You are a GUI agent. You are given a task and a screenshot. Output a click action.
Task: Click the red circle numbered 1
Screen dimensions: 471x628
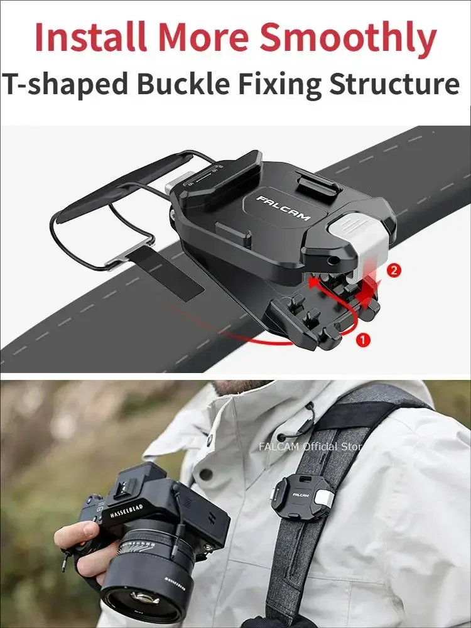pos(363,340)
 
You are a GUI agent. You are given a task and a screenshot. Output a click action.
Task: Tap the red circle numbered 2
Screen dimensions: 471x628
pos(394,270)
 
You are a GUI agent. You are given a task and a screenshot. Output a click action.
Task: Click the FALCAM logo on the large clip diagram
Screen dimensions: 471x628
pos(283,207)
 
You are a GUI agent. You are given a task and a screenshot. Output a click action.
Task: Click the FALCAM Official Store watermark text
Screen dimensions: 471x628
pos(311,447)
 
